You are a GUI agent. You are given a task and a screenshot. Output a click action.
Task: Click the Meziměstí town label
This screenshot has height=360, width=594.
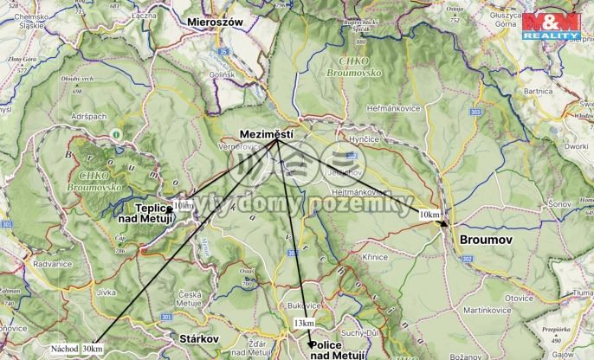click(x=267, y=134)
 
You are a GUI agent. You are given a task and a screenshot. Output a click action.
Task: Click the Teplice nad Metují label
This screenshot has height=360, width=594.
click(x=145, y=214)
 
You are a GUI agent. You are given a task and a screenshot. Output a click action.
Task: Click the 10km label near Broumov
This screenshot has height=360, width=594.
click(x=428, y=214)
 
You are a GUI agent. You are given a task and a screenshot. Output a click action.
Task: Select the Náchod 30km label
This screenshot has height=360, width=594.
click(x=76, y=349)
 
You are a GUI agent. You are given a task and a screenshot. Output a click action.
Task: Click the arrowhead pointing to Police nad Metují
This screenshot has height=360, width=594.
click(x=312, y=344)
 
